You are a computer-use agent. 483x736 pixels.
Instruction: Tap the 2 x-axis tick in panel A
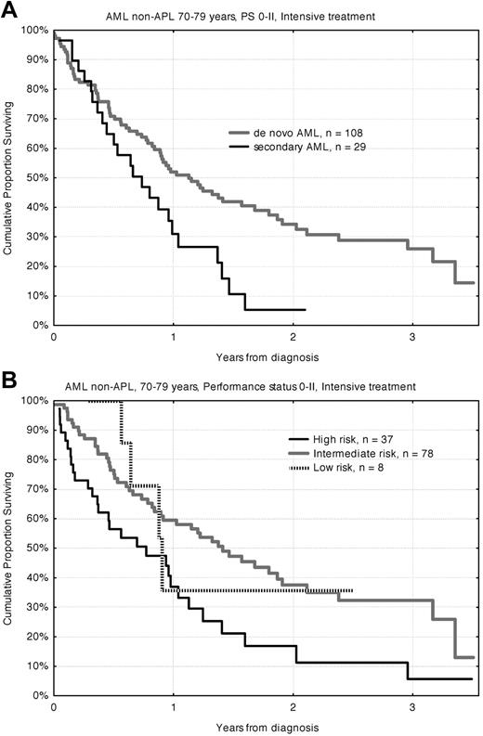pyautogui.click(x=293, y=338)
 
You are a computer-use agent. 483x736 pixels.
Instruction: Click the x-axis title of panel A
pyautogui.click(x=266, y=355)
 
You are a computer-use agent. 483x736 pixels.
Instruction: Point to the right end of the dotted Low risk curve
pyautogui.click(x=352, y=589)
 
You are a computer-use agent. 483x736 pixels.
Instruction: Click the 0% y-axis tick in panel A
pyautogui.click(x=37, y=325)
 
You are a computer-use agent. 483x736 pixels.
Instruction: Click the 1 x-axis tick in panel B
pyautogui.click(x=174, y=707)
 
